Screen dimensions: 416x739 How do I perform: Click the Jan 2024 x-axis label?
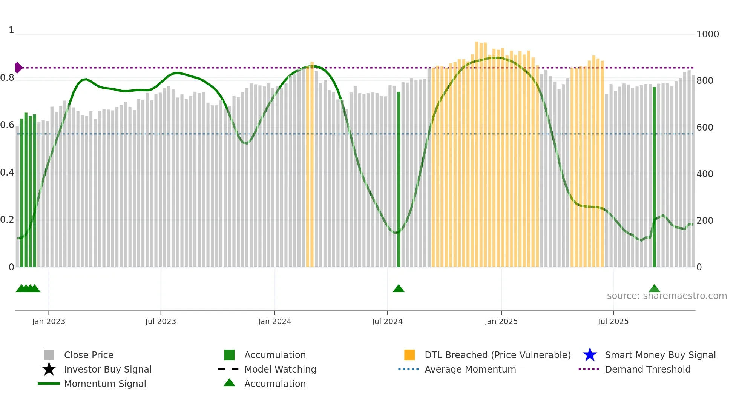click(x=274, y=321)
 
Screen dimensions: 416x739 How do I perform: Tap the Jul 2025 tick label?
click(x=613, y=321)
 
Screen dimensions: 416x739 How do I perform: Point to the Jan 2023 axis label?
click(x=49, y=321)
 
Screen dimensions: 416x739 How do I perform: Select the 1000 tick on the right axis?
click(x=707, y=34)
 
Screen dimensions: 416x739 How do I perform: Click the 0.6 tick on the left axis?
click(x=7, y=125)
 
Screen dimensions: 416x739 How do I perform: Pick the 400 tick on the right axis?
click(x=705, y=174)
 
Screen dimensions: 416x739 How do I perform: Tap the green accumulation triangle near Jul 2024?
click(x=399, y=289)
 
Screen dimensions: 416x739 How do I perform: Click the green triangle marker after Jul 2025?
click(x=654, y=289)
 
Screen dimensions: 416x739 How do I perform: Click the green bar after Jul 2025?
click(x=654, y=177)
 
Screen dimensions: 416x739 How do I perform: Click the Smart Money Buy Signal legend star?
click(x=590, y=355)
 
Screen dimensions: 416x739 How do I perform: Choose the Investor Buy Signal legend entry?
click(x=107, y=369)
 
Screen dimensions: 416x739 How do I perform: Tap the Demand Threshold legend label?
click(x=647, y=369)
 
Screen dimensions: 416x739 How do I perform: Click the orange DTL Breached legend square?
click(x=409, y=355)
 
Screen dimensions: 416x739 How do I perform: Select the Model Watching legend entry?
click(x=280, y=369)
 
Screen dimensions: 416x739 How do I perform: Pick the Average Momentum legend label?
click(x=470, y=369)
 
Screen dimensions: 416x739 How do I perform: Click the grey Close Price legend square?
click(x=49, y=355)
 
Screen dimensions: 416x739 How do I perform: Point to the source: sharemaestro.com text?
click(x=667, y=296)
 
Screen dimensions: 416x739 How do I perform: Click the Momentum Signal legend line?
click(x=49, y=384)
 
